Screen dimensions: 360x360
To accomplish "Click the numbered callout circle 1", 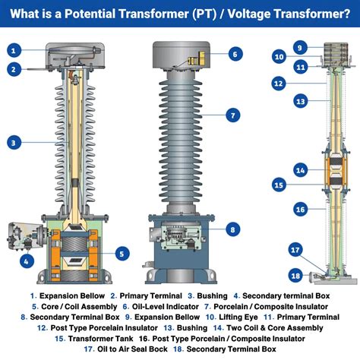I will click(14, 50).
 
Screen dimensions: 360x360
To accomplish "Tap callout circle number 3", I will click(14, 141).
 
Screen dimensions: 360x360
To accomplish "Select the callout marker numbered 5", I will click(122, 254).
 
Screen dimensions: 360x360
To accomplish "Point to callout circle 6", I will click(235, 54).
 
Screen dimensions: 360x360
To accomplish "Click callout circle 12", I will click(279, 83).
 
